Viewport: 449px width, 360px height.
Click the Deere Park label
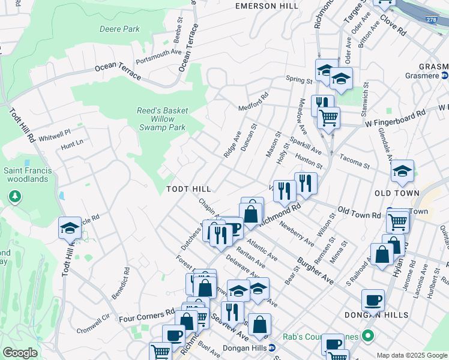point(119,29)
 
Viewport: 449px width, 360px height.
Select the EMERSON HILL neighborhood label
point(267,6)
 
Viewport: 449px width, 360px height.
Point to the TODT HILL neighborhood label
point(188,189)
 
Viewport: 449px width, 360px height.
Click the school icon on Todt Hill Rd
point(70,229)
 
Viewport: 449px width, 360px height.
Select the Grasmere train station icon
point(444,76)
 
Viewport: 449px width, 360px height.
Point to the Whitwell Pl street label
point(55,134)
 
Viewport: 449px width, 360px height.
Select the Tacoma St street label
point(354,162)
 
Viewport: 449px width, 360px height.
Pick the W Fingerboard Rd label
point(396,118)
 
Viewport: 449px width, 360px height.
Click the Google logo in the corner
point(20,353)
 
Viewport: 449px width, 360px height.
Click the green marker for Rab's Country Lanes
point(368,335)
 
